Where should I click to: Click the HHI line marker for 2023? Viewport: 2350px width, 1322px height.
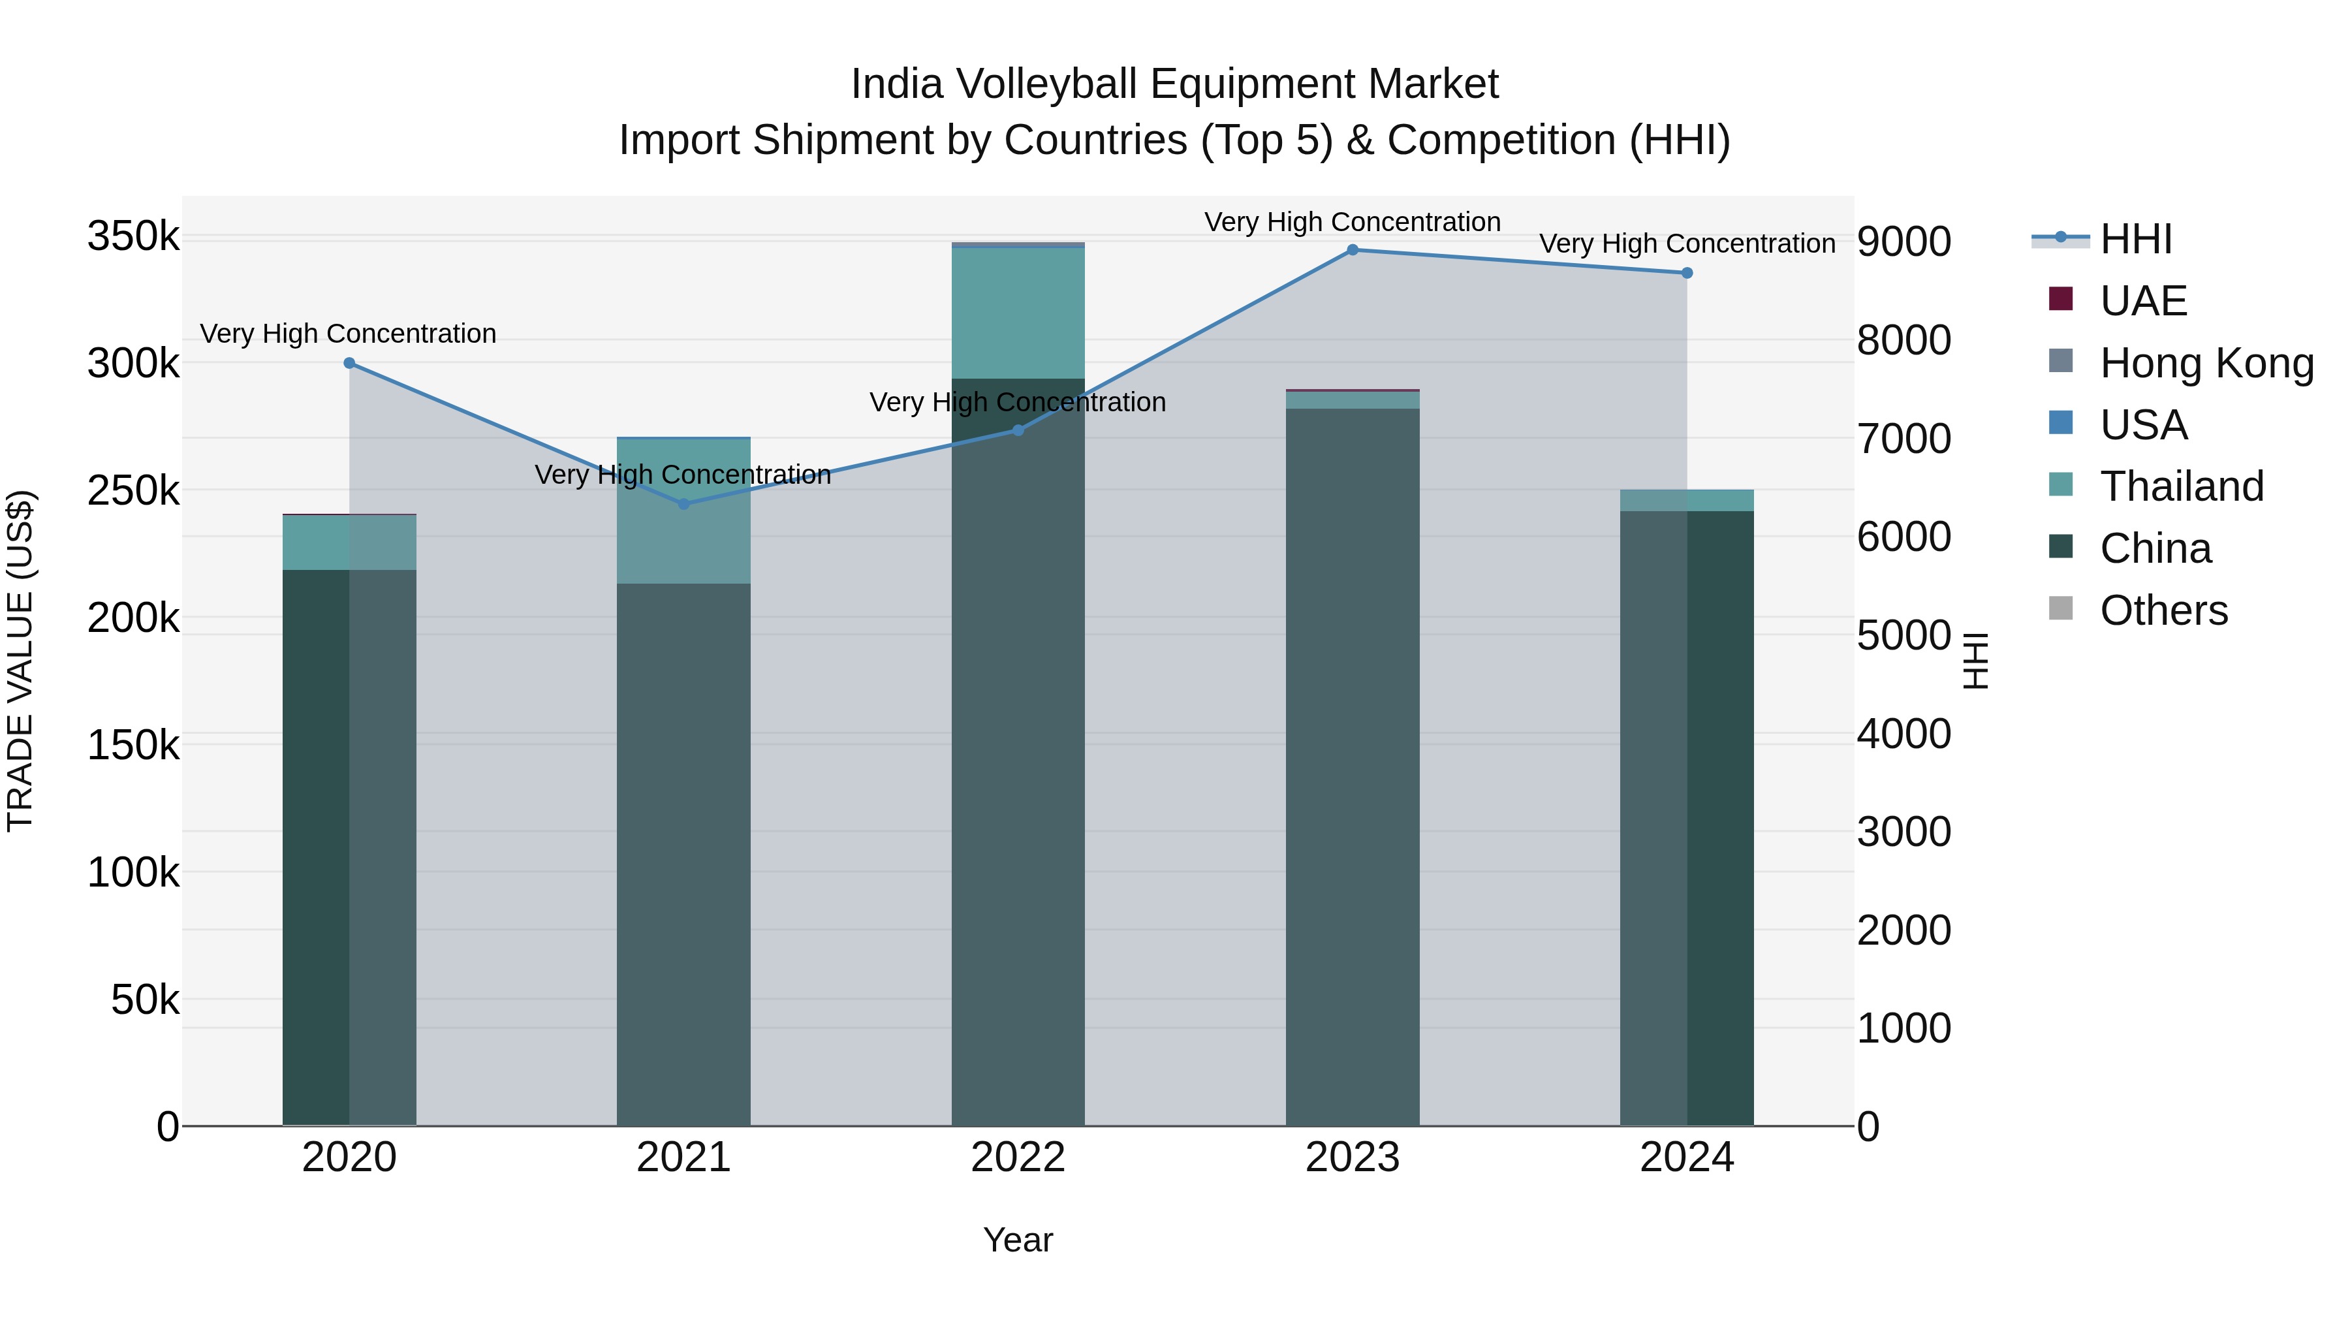point(1352,250)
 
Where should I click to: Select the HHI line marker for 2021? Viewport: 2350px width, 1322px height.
point(683,503)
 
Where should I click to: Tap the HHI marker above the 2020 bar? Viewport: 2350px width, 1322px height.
point(349,363)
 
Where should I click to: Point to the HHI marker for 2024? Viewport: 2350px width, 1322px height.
point(1687,273)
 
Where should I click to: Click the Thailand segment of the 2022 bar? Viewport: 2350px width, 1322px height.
point(1018,313)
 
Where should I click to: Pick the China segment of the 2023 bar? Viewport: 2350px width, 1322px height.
point(1352,766)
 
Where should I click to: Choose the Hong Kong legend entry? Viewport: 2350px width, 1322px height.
point(2205,363)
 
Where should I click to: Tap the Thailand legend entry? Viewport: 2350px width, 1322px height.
point(2180,486)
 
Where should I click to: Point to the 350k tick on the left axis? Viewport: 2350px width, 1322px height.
point(133,237)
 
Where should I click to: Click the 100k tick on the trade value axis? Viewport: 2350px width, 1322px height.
point(133,873)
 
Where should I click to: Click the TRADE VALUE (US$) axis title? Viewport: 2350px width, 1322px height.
point(20,661)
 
